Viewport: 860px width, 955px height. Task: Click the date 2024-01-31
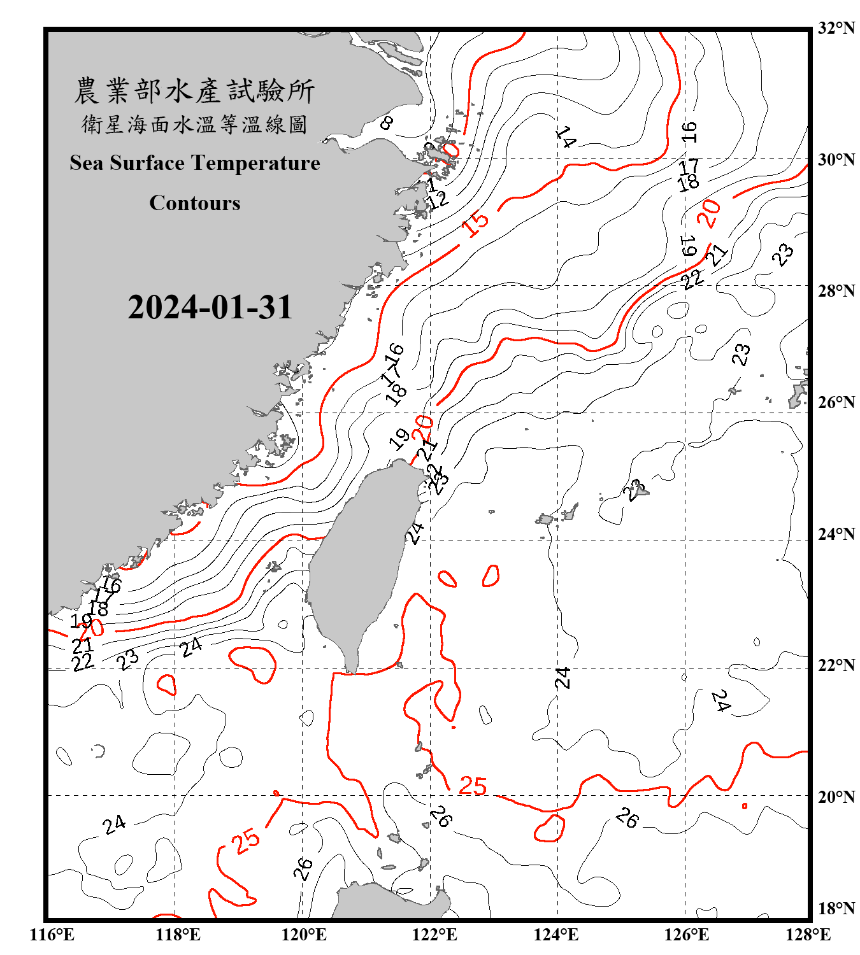point(210,308)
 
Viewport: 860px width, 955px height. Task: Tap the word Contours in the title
point(195,203)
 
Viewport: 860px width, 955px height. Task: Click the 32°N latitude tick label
point(836,28)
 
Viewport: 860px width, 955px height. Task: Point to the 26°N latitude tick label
point(836,402)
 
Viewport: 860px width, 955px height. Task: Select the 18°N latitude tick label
point(836,909)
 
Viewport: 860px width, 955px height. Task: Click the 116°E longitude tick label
point(52,935)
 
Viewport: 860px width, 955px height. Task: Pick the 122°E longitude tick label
point(434,935)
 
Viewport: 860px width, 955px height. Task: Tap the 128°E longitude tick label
point(808,935)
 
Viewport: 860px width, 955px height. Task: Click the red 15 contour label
point(475,223)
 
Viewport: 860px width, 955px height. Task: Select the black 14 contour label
point(566,136)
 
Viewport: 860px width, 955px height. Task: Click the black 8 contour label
point(387,122)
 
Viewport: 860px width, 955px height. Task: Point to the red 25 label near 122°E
point(473,786)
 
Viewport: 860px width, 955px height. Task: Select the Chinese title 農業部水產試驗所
point(194,91)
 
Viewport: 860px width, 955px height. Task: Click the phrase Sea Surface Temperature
point(195,163)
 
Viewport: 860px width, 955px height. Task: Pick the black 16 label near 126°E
point(689,132)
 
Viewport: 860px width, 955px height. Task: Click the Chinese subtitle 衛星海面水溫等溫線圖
point(194,124)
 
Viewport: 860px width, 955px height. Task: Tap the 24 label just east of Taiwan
point(415,533)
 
